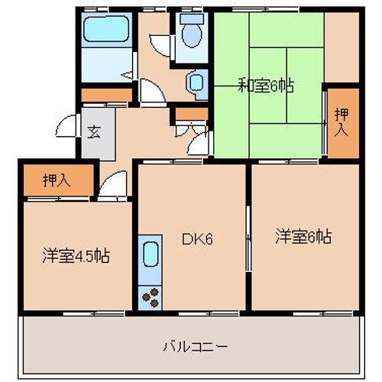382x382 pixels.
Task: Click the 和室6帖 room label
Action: click(265, 86)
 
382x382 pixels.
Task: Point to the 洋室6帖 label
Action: click(303, 237)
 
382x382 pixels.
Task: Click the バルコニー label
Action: click(195, 346)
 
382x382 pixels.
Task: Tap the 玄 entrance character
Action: click(93, 131)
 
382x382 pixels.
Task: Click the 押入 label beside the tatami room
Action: click(342, 122)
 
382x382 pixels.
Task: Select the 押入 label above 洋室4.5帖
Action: click(56, 181)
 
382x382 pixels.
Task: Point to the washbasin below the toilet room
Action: click(197, 81)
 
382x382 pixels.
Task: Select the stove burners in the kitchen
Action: click(150, 296)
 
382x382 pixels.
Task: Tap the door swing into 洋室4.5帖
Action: click(111, 186)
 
